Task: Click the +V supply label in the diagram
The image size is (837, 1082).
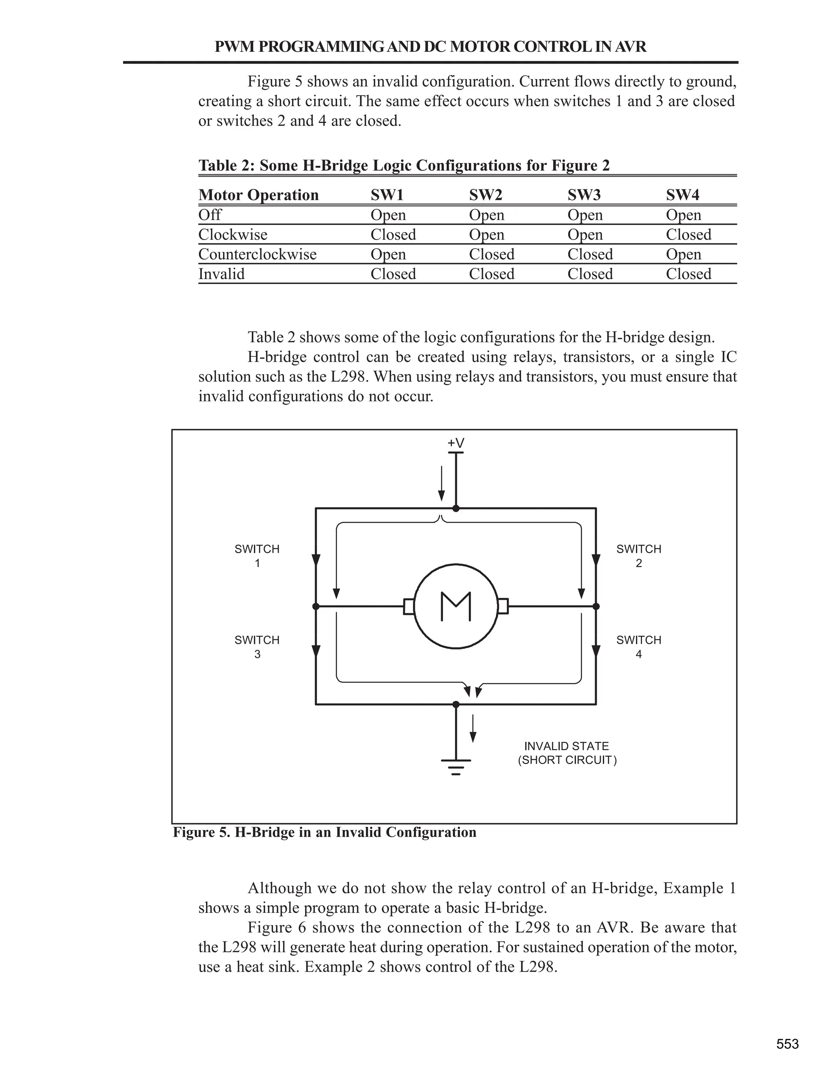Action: (x=456, y=443)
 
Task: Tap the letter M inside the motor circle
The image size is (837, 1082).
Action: (x=456, y=606)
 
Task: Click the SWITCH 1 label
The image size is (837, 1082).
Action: (x=257, y=556)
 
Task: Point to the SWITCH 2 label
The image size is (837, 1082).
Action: (x=639, y=556)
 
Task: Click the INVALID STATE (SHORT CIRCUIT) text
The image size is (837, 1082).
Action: (x=567, y=753)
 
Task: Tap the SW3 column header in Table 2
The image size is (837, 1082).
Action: (x=584, y=195)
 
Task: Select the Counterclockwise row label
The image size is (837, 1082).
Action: (x=257, y=254)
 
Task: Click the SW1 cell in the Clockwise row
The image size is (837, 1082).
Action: (x=393, y=234)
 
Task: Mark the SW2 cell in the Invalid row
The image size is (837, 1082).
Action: (x=491, y=274)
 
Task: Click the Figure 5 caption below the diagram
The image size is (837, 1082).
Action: (x=324, y=832)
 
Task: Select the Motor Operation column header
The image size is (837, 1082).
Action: (x=258, y=195)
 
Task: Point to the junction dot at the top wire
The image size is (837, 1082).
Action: (x=456, y=508)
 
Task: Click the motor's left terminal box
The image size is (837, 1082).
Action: (x=409, y=606)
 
